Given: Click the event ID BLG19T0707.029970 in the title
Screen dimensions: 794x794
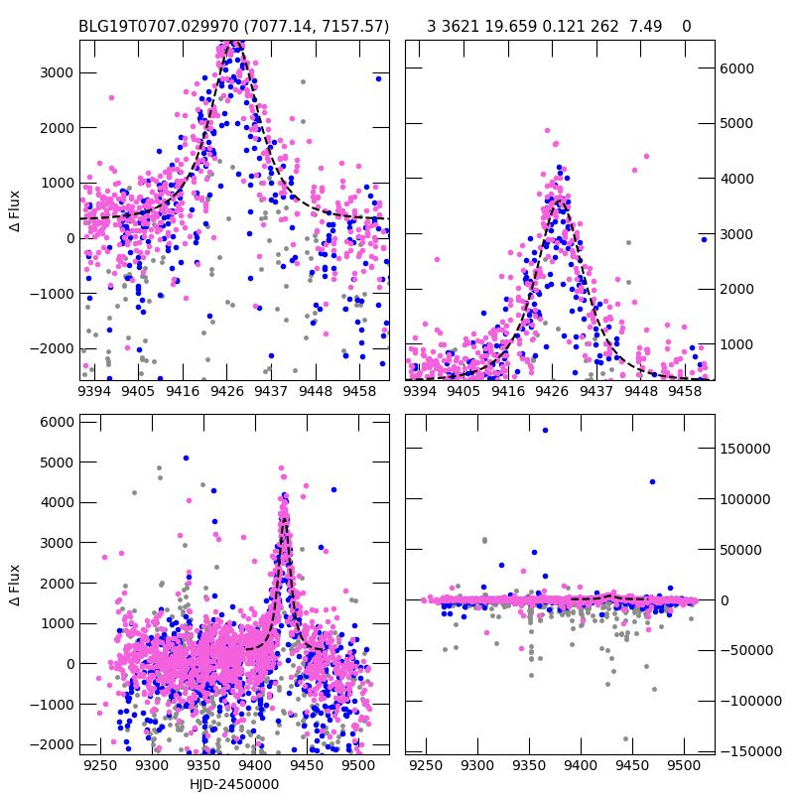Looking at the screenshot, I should (159, 26).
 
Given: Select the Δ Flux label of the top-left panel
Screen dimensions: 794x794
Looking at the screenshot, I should (14, 210).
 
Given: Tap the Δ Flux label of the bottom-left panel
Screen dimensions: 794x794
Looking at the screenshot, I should (14, 585).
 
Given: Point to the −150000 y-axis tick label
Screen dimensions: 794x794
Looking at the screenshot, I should (745, 751).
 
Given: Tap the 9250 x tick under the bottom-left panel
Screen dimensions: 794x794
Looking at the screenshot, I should (99, 766).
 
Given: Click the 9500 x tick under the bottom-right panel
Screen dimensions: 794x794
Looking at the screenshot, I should (683, 766).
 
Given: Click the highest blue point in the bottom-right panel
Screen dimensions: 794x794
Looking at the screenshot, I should (545, 430).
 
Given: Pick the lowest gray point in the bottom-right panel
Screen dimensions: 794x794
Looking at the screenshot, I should (625, 738).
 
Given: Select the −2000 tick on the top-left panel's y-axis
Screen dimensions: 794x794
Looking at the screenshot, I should (51, 348).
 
